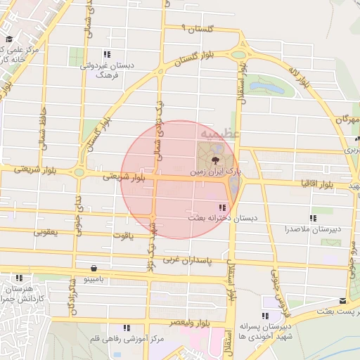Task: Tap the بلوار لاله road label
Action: pos(298,77)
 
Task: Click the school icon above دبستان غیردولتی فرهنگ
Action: pos(107,54)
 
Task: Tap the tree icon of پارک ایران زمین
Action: pos(214,160)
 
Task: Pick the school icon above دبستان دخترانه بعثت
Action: pos(222,207)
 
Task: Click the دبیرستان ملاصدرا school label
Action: pos(313,229)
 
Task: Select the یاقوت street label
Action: pos(121,238)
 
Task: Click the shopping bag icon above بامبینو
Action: pos(94,268)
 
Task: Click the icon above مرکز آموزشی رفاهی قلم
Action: pos(127,328)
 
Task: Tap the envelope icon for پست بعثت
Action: pos(342,300)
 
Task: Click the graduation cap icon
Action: pos(9,39)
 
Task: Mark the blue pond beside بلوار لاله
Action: pos(264,88)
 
